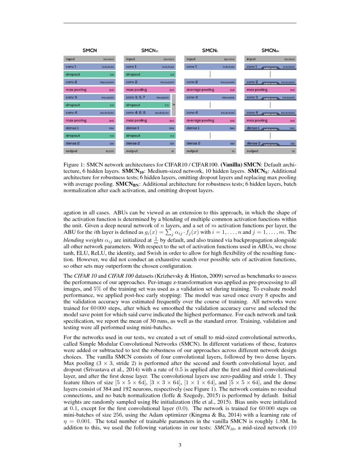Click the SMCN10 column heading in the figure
tap(150, 50)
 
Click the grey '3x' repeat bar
tap(174, 105)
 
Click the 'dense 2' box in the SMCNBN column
tap(271, 143)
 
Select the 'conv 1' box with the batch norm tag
tap(271, 67)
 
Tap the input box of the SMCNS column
tap(210, 59)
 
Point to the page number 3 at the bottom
tap(180, 445)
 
